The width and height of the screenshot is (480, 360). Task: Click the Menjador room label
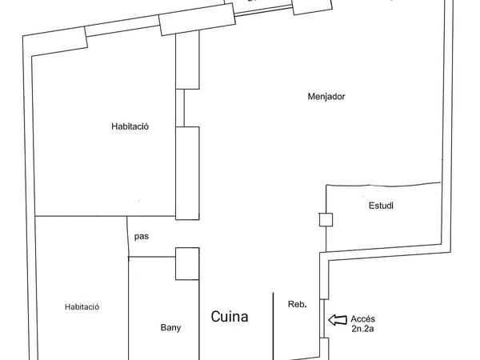click(x=326, y=97)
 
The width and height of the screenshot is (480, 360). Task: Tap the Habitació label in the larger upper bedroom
click(x=130, y=126)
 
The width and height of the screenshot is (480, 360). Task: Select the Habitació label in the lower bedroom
click(x=82, y=306)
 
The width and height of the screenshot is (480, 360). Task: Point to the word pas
click(x=142, y=237)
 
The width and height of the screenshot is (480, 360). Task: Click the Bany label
click(x=171, y=328)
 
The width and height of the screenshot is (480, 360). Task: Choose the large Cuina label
click(x=230, y=317)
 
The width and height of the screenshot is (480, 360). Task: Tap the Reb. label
click(x=298, y=304)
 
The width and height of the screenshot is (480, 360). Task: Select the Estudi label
click(x=381, y=206)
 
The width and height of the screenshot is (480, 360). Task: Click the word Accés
click(x=362, y=319)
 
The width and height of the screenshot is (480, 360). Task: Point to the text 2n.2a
click(x=362, y=329)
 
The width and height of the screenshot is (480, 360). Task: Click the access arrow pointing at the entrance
click(x=338, y=320)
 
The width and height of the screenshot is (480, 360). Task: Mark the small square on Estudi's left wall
click(x=326, y=219)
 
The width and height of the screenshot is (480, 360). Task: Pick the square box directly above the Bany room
click(x=187, y=263)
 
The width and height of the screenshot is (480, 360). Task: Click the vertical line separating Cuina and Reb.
click(x=274, y=326)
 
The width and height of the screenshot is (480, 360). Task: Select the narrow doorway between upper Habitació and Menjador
click(x=180, y=108)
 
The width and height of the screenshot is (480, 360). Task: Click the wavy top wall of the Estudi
click(x=383, y=185)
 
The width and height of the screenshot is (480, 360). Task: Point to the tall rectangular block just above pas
click(x=187, y=174)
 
